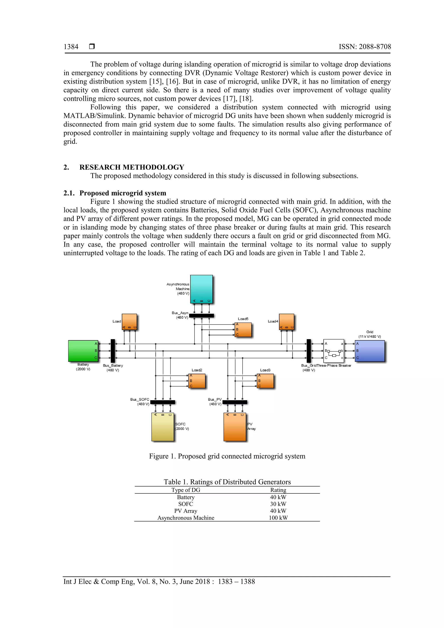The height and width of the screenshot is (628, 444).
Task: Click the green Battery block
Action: point(83,351)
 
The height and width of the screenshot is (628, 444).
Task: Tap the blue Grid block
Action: point(370,351)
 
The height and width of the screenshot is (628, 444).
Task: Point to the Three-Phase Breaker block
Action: point(333,351)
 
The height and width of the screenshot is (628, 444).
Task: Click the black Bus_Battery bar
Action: point(113,351)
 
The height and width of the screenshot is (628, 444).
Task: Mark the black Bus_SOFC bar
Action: point(163,402)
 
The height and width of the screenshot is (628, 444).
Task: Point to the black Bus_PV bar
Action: point(235,402)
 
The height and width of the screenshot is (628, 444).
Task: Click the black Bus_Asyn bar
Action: point(201,316)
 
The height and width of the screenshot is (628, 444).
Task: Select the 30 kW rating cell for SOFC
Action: point(278,504)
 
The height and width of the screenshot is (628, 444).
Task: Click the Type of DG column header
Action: point(186,490)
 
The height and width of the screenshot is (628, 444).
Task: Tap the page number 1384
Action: point(71,47)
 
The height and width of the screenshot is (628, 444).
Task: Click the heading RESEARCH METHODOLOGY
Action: point(132,167)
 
